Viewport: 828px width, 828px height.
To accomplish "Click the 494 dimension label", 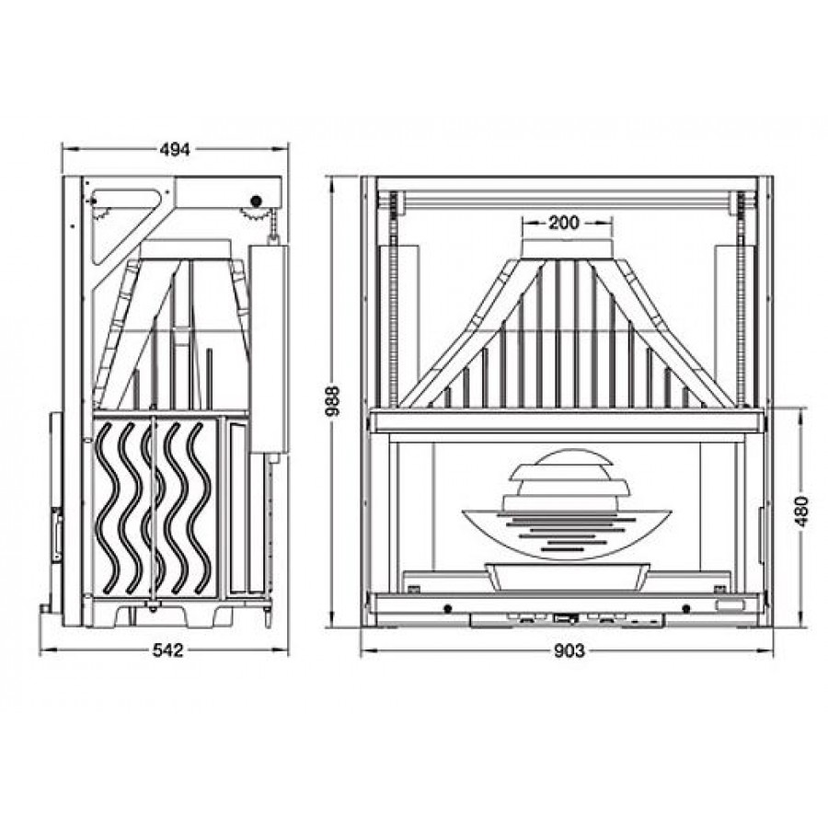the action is click(x=174, y=149).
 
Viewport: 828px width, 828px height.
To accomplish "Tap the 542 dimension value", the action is click(x=168, y=650).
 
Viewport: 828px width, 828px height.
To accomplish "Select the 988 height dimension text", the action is click(x=334, y=401).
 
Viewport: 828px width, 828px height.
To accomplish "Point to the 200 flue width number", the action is click(x=563, y=223).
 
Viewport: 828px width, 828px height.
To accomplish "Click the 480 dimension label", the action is click(x=801, y=512).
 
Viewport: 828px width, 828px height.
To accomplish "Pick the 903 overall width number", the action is click(x=569, y=651).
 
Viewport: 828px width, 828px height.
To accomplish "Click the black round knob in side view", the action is click(x=257, y=201).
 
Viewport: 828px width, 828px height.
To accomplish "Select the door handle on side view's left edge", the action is click(x=56, y=534).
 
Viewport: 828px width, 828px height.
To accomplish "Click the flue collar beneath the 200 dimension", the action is click(x=568, y=249).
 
